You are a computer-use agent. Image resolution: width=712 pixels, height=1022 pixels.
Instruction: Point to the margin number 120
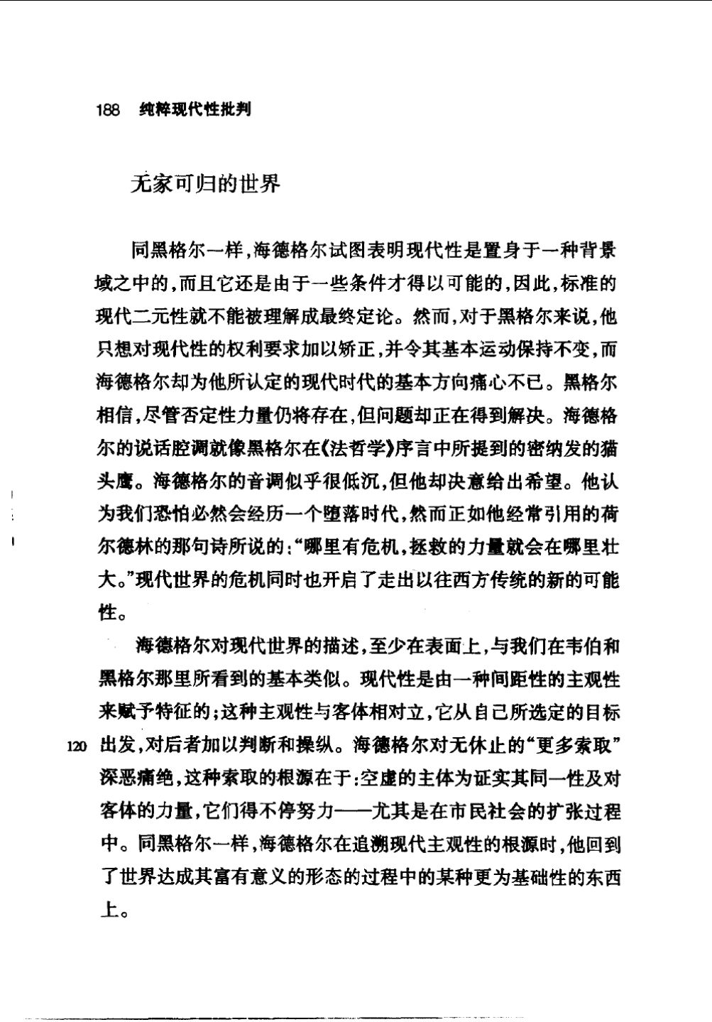click(76, 746)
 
